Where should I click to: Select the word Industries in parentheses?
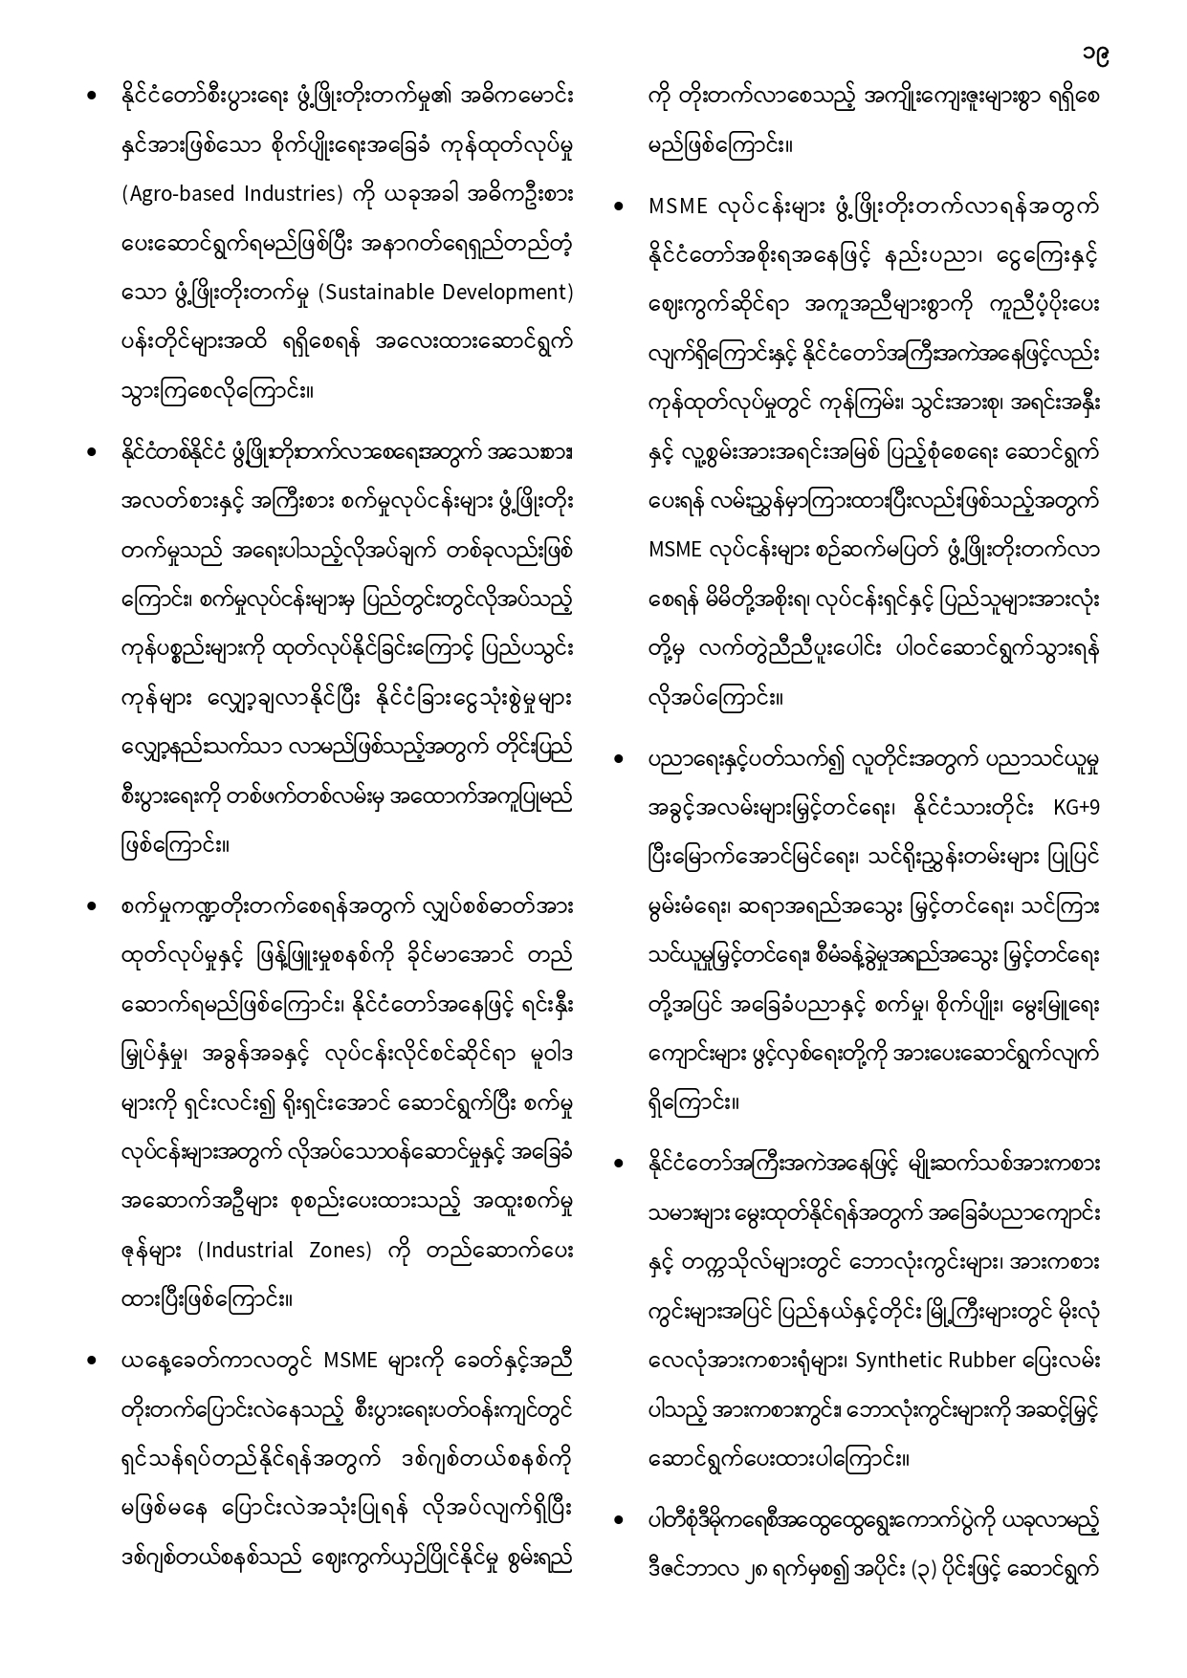point(287,194)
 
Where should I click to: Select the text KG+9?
point(1077,808)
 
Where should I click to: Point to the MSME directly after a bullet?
point(677,207)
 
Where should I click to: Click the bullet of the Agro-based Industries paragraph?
point(92,96)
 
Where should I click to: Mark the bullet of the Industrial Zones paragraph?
point(92,905)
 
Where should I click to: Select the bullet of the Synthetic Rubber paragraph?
point(620,1164)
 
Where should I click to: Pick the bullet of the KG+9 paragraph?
point(620,759)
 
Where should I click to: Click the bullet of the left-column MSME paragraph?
point(92,1360)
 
